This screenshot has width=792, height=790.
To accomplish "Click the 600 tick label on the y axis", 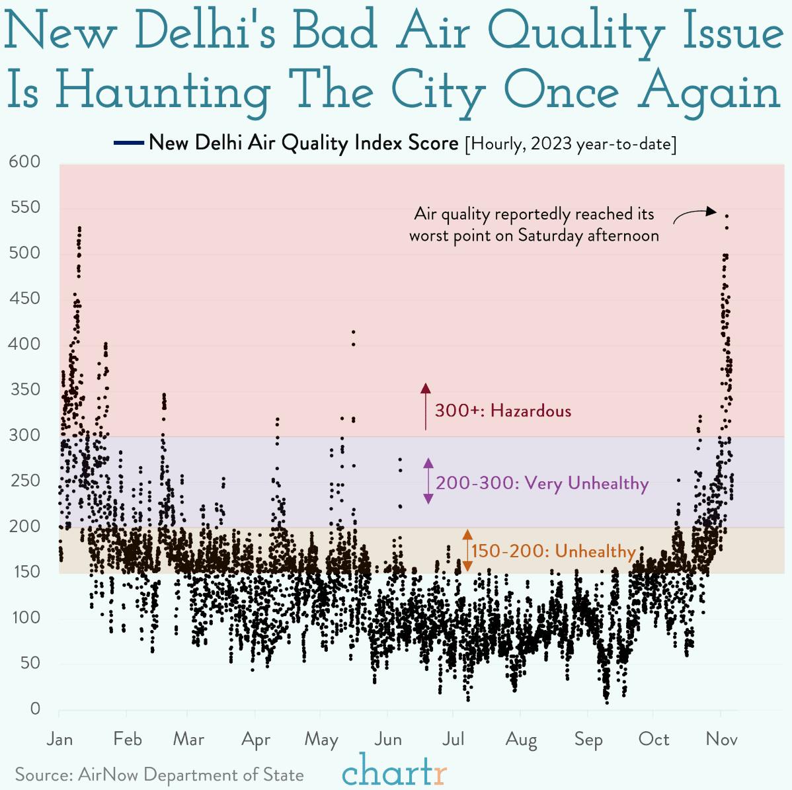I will (x=25, y=162).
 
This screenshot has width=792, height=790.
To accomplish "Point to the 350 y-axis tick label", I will (x=25, y=389).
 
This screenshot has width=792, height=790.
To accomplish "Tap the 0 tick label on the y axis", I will (x=35, y=709).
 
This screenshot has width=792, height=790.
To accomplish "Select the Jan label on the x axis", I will (x=59, y=738).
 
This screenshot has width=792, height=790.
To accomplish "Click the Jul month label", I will (x=454, y=738).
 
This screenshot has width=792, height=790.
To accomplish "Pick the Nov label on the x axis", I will (x=721, y=738).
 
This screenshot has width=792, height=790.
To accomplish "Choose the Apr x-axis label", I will (x=256, y=739).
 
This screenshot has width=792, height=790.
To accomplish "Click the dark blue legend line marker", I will (x=128, y=143).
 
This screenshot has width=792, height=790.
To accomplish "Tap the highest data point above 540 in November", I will (x=727, y=216).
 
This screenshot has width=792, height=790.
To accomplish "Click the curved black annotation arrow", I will (x=694, y=214).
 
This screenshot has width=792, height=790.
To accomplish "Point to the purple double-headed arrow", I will (x=428, y=481).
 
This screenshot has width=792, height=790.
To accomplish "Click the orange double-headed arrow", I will (x=467, y=550).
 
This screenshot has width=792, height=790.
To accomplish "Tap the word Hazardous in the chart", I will (x=531, y=411).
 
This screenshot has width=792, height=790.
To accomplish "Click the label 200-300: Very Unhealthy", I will (x=542, y=483).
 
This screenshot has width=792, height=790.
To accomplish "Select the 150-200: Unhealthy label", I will (x=553, y=551).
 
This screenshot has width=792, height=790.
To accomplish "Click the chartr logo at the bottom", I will (x=395, y=771).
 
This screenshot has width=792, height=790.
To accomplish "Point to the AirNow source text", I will (x=159, y=775).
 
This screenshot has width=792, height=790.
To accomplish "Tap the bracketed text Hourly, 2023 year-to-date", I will (x=571, y=143).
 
